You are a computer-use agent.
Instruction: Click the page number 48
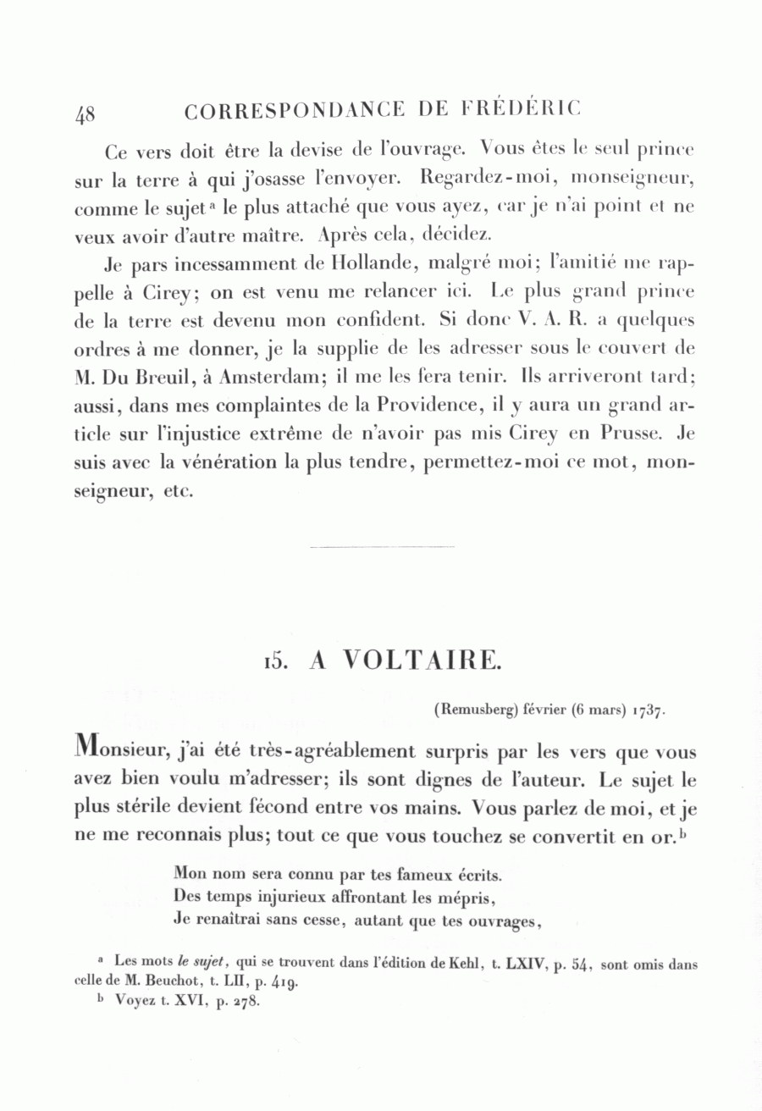tap(85, 114)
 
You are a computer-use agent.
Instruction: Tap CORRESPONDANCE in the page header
tap(293, 111)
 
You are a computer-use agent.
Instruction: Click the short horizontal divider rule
tap(382, 547)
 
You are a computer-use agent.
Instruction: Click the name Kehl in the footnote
tap(465, 964)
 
